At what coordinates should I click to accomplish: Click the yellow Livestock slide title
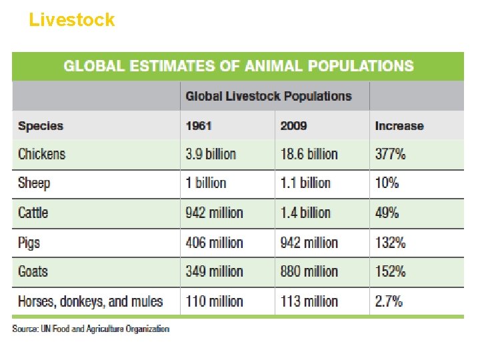71,20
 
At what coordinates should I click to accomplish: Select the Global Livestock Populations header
268,96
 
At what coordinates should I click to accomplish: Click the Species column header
41,126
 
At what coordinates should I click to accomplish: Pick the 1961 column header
199,126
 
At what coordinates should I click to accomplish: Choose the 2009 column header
293,126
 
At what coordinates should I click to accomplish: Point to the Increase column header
399,126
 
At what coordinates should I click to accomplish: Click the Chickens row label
42,154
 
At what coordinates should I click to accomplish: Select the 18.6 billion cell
309,154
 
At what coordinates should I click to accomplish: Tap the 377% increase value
390,154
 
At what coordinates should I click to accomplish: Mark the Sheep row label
34,183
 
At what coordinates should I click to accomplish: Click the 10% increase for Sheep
387,183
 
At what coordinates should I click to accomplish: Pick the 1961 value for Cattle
214,213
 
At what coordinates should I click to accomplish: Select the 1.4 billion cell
305,213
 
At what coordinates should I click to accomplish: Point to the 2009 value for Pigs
309,242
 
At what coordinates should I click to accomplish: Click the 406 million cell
214,242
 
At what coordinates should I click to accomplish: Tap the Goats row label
33,271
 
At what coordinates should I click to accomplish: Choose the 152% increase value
390,271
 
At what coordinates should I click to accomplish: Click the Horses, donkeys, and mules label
90,301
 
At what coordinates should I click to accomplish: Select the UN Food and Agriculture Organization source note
91,329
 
